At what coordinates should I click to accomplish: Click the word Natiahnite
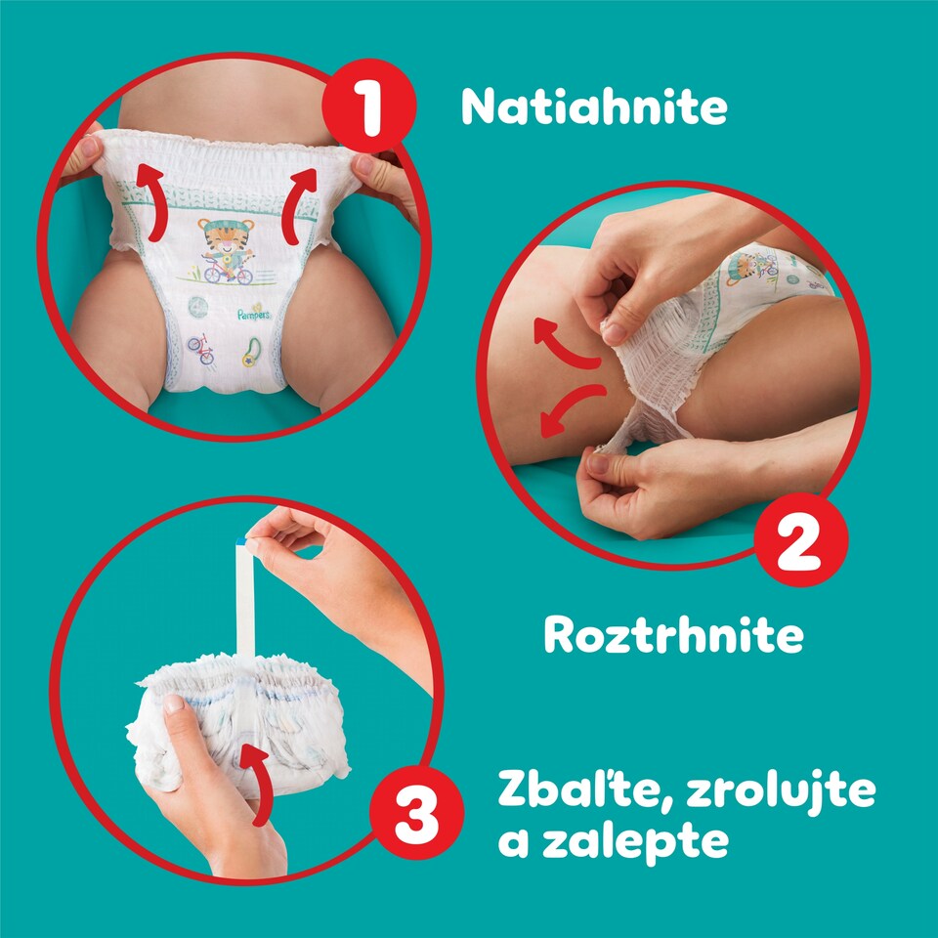click(x=594, y=107)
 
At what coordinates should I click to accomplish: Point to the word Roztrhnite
click(x=673, y=635)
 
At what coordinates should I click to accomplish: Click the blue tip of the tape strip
click(x=241, y=537)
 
